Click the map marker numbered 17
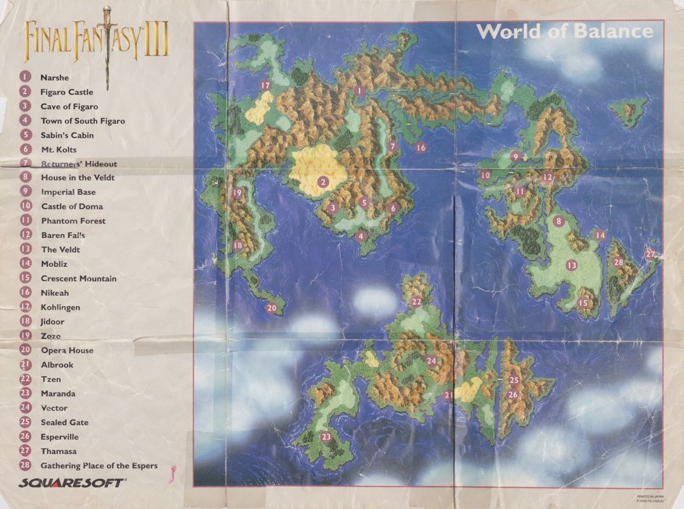[x=265, y=85]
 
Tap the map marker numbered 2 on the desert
[x=323, y=182]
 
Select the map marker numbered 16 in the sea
[x=421, y=148]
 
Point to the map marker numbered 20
[x=272, y=308]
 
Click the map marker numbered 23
[x=326, y=437]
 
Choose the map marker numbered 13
[x=571, y=265]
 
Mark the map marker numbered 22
[x=417, y=302]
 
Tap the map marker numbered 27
[x=650, y=254]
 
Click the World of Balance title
[x=564, y=31]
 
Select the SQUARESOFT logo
[x=71, y=483]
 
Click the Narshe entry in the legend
[x=54, y=78]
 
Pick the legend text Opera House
[x=67, y=351]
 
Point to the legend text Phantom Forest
[x=73, y=221]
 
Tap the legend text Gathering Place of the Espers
[x=99, y=466]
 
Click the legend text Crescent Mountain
[x=78, y=279]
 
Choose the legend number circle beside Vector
[x=25, y=408]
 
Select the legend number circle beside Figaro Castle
[x=25, y=92]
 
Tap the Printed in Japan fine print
[x=648, y=498]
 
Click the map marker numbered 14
[x=599, y=235]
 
